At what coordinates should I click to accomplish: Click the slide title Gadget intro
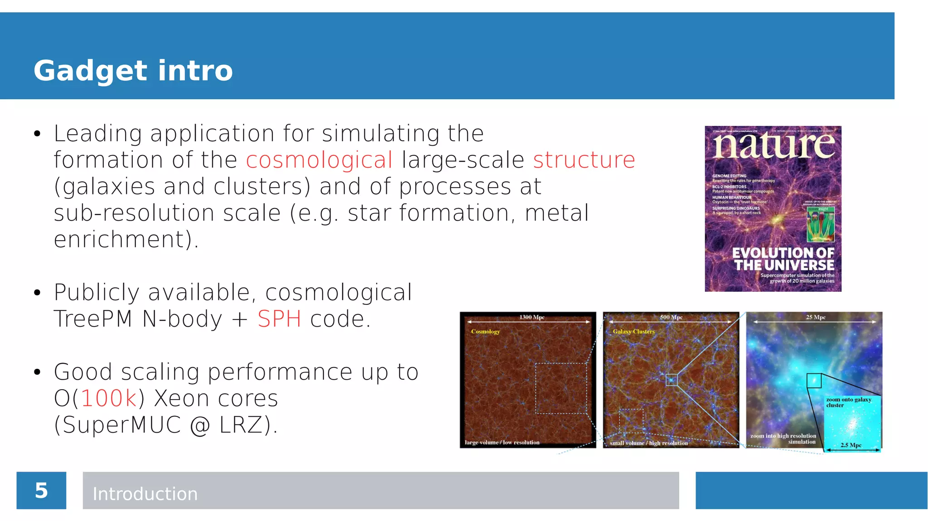tap(133, 71)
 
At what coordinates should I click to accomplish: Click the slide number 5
tap(41, 491)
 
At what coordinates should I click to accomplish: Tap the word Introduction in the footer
tap(145, 494)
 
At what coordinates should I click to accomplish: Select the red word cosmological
tap(319, 160)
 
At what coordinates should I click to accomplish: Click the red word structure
tap(584, 160)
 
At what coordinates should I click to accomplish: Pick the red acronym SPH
tap(279, 319)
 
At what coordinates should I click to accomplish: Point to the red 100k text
tap(109, 399)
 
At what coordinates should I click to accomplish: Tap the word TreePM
tap(93, 319)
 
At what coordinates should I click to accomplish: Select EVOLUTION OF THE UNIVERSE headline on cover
tap(783, 259)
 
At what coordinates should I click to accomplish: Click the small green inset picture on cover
tap(821, 224)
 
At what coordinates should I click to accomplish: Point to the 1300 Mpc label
tap(532, 317)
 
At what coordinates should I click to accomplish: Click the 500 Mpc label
tap(671, 317)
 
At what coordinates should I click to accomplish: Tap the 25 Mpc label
tap(816, 317)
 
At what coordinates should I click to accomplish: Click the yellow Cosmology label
tap(485, 332)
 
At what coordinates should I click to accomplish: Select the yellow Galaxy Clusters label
tap(633, 332)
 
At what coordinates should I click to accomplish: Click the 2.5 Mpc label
tap(851, 445)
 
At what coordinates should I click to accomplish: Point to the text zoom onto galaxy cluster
tap(848, 402)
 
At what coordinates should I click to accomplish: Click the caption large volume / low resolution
tap(502, 443)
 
